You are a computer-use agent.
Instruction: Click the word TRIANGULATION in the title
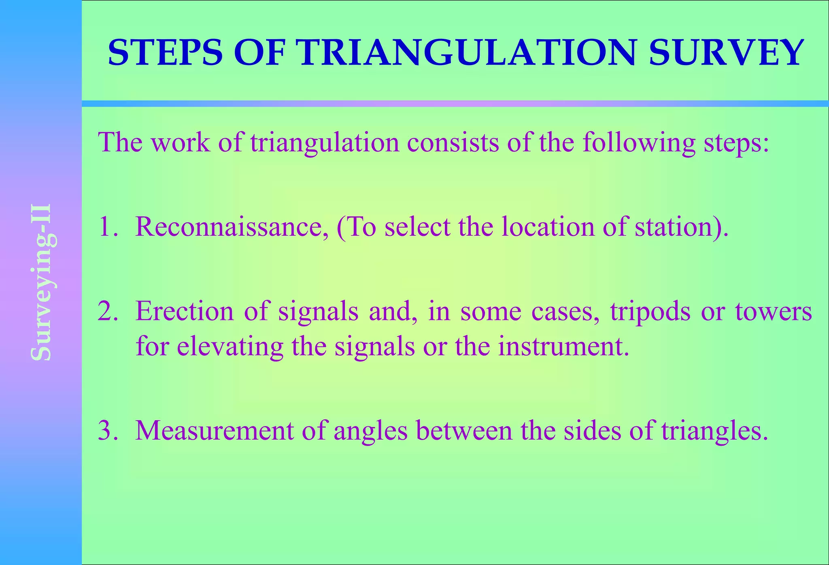[468, 53]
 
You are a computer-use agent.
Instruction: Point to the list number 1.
[106, 226]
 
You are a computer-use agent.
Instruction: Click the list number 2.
[107, 311]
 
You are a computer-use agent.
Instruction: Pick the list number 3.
[107, 431]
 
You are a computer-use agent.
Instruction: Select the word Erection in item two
[184, 311]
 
